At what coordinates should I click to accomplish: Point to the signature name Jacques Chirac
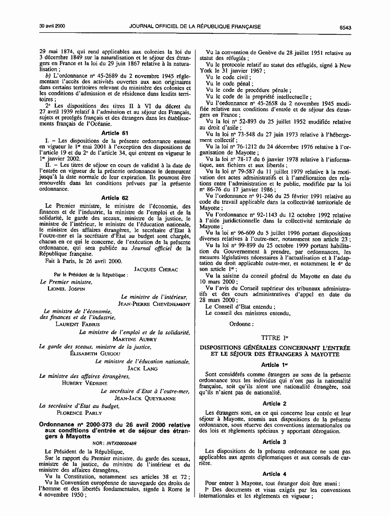[x=156, y=269]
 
